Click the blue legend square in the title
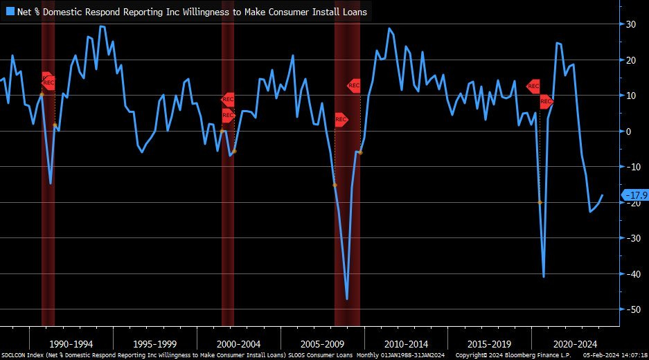pyautogui.click(x=10, y=11)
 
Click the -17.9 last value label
pyautogui.click(x=635, y=195)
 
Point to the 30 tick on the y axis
pyautogui.click(x=631, y=24)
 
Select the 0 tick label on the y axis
pyautogui.click(x=629, y=132)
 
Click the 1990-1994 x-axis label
pyautogui.click(x=71, y=343)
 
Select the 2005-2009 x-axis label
pyautogui.click(x=322, y=343)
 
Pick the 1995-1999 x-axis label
pyautogui.click(x=155, y=343)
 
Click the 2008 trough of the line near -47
pyautogui.click(x=347, y=299)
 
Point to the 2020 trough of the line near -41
pyautogui.click(x=544, y=277)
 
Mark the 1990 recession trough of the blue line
pyautogui.click(x=51, y=183)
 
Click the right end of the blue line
pyautogui.click(x=603, y=195)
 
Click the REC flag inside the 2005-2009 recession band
pyautogui.click(x=341, y=119)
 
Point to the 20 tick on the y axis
pyautogui.click(x=631, y=60)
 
